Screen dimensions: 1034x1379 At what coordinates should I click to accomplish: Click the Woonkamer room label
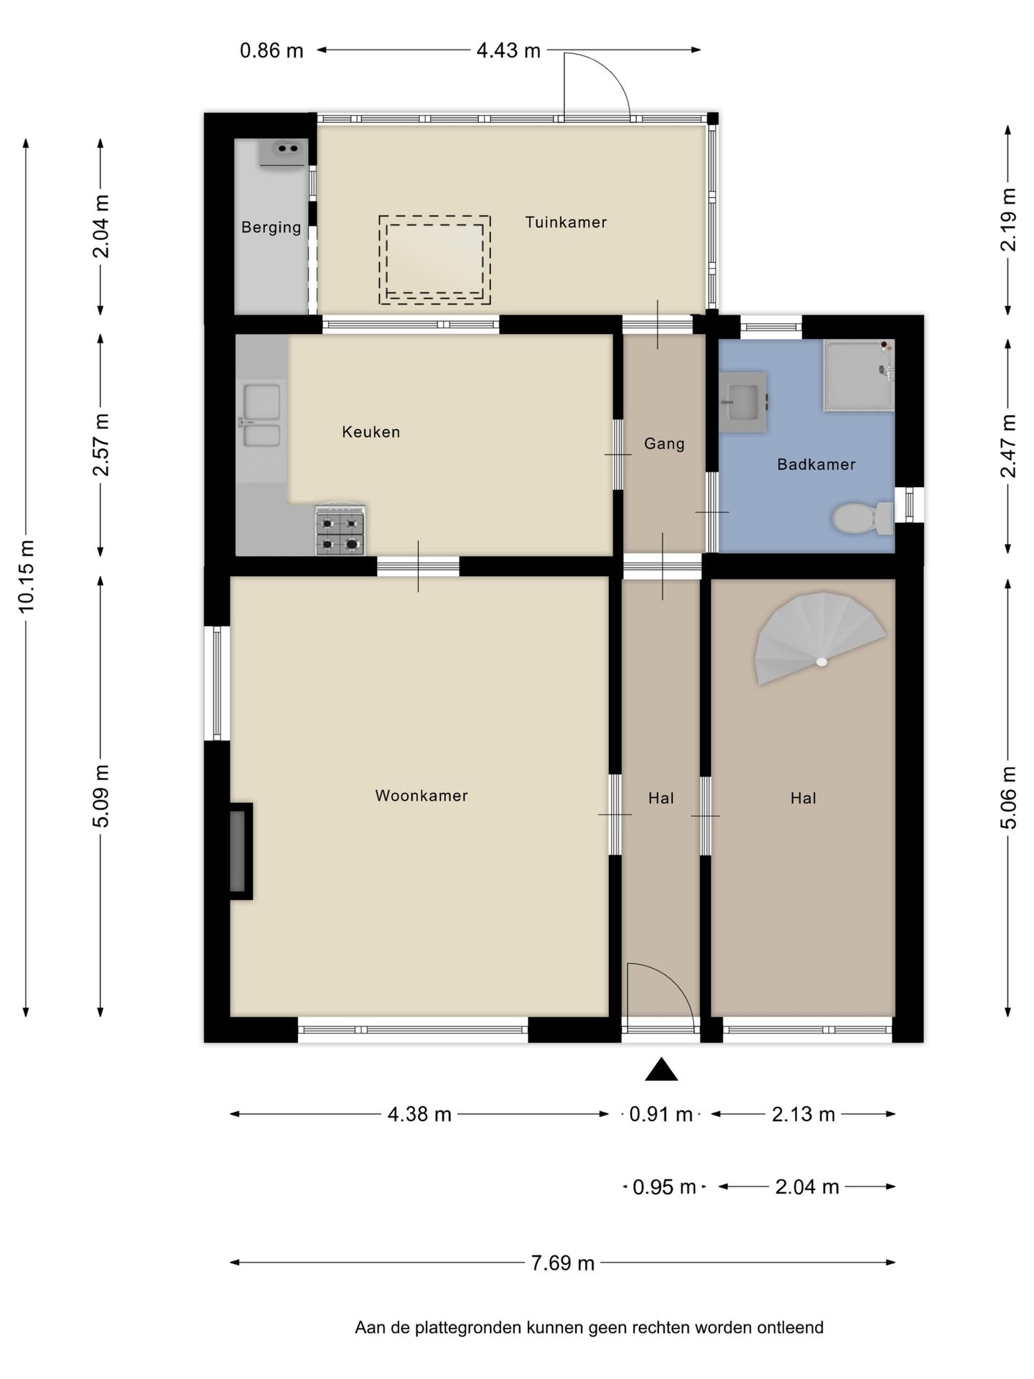click(421, 796)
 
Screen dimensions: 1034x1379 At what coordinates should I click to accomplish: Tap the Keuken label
click(371, 432)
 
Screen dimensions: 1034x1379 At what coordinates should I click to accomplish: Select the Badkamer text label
click(816, 465)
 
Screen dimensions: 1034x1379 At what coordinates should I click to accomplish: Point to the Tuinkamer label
click(566, 223)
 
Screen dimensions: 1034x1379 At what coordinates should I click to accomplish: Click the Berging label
click(271, 228)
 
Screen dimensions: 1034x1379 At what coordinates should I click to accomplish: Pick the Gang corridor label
click(664, 444)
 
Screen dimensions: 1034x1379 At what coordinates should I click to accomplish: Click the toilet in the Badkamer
click(862, 518)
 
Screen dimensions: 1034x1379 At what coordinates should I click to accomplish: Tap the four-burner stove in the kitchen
click(340, 530)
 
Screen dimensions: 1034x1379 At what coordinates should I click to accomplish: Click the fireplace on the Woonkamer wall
click(241, 851)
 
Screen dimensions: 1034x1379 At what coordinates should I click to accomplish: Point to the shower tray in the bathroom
click(859, 376)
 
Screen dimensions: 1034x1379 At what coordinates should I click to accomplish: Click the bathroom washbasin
click(743, 401)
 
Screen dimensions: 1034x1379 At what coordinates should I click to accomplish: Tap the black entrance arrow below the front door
click(661, 1069)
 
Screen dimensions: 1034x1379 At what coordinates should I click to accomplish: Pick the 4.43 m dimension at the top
click(508, 50)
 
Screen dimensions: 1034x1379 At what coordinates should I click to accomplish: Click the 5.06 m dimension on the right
click(1009, 797)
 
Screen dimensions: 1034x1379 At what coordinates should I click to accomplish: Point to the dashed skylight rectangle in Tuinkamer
click(434, 259)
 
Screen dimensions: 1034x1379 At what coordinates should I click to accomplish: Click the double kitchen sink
click(261, 416)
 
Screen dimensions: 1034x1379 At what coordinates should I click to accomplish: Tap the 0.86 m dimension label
click(271, 51)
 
